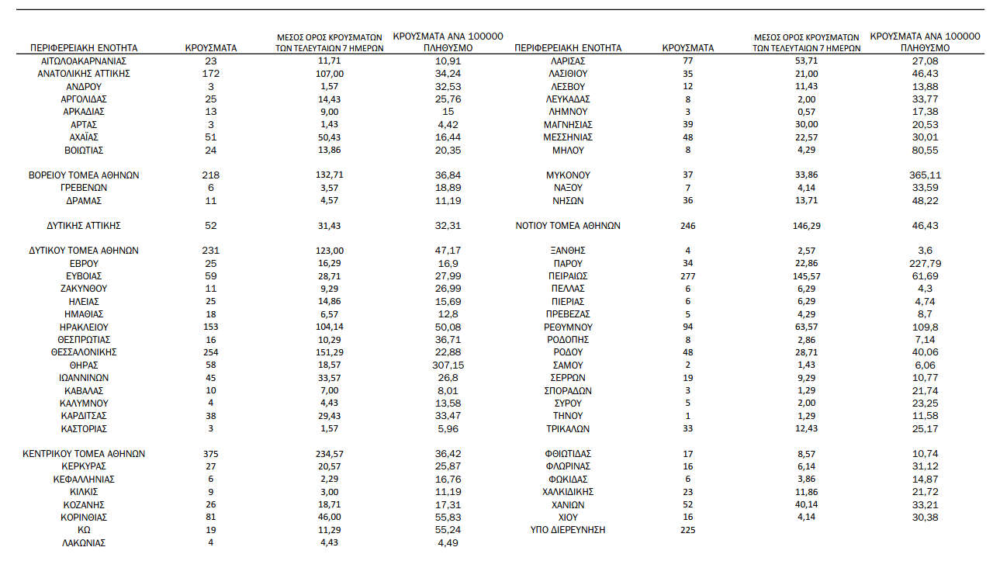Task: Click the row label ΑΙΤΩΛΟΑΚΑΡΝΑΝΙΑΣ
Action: click(84, 61)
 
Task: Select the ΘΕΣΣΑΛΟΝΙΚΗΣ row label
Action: click(84, 352)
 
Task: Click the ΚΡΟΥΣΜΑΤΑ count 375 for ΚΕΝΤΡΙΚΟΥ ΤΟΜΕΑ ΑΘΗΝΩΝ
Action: click(210, 454)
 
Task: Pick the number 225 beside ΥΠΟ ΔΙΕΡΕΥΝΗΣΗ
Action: click(688, 530)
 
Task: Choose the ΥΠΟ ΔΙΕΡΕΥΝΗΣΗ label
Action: click(567, 530)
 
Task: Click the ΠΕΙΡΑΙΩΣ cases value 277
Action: click(688, 276)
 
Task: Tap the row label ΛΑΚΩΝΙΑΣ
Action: click(84, 543)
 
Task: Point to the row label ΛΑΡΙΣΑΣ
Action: click(567, 61)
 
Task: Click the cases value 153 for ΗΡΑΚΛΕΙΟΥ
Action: click(210, 327)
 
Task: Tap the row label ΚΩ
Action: click(84, 530)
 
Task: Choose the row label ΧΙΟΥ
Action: click(567, 517)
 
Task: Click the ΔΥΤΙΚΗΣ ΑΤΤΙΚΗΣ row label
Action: click(84, 226)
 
